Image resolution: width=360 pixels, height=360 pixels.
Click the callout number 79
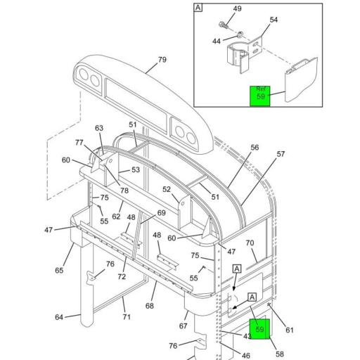(x=162, y=60)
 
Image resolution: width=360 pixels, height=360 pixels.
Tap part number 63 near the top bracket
(x=99, y=128)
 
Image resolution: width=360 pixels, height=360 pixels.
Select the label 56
(x=255, y=148)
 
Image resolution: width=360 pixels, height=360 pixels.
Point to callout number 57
(x=281, y=154)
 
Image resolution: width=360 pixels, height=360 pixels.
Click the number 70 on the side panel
(x=250, y=243)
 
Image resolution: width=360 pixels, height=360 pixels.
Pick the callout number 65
(x=59, y=271)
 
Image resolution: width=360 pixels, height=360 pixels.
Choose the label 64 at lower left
(x=59, y=318)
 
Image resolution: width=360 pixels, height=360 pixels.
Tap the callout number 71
(x=127, y=318)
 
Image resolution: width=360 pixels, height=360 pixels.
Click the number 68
(x=149, y=306)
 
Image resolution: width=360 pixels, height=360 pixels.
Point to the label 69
(x=161, y=213)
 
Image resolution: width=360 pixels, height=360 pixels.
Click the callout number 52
(x=167, y=189)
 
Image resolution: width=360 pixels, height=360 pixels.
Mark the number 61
(x=290, y=330)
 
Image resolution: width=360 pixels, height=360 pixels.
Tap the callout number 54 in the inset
(x=274, y=20)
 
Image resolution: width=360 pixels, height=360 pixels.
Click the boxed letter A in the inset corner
(x=198, y=8)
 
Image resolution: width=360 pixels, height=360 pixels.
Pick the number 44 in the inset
(x=216, y=42)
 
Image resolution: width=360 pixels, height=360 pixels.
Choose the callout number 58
(x=279, y=354)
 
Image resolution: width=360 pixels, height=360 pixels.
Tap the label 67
(x=184, y=326)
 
